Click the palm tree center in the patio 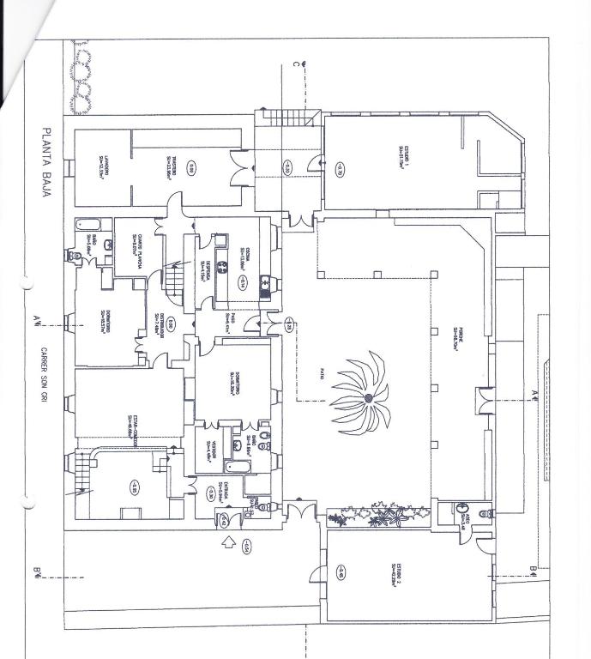coord(367,398)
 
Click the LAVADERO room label coord(102,163)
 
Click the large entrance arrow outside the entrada coord(228,542)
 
